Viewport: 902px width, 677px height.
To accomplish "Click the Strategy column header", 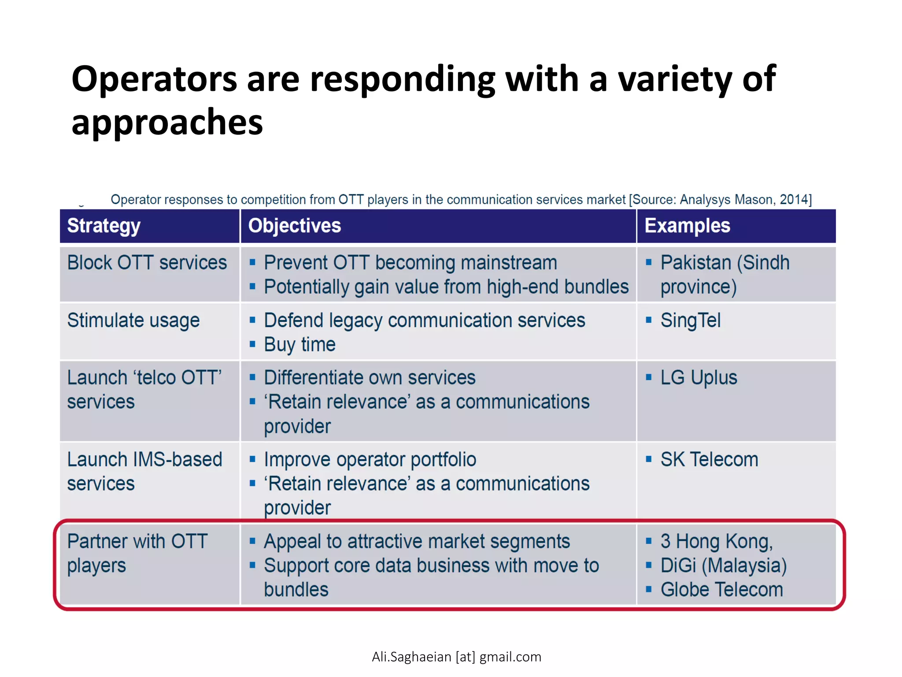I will coord(104,226).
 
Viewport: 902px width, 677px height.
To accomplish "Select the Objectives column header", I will coord(294,226).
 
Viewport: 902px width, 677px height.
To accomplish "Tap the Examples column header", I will coord(687,226).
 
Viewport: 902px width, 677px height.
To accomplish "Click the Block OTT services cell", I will coord(147,263).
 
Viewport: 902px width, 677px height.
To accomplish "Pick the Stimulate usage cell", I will coord(133,320).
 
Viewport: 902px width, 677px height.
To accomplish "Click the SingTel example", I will coord(690,320).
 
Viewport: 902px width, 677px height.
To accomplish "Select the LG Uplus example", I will coord(698,378).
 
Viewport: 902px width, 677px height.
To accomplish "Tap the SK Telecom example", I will coord(709,460).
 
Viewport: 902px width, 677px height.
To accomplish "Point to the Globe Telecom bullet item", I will coord(721,590).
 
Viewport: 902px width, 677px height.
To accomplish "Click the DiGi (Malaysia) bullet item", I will coord(723,565).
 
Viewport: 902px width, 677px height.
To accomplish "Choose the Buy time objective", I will coord(299,345).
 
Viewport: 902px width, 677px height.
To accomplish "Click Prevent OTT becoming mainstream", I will coord(410,263).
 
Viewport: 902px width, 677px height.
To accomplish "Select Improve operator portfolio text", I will coord(370,460).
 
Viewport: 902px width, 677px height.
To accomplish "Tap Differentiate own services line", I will coord(370,378).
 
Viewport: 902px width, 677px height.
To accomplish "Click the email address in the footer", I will coord(456,657).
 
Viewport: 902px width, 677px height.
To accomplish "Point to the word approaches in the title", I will coord(167,122).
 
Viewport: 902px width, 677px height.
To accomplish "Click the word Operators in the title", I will coord(154,79).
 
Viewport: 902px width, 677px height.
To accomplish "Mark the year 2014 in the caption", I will coord(793,200).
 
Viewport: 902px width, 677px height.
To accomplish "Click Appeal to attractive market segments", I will coord(417,542).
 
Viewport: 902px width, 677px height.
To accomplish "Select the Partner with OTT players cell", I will coord(137,553).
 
